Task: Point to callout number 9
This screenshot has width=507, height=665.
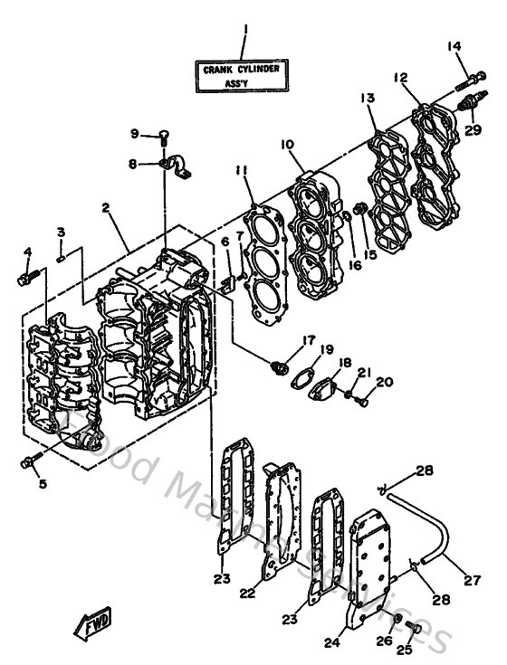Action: click(x=134, y=135)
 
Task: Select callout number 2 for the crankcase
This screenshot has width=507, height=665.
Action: click(x=107, y=207)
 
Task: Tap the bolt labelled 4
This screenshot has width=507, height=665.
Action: click(x=24, y=277)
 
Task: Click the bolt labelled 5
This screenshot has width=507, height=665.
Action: click(x=28, y=462)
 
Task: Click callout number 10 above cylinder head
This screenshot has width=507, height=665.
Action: click(x=286, y=145)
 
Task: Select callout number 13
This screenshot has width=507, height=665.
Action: click(x=367, y=97)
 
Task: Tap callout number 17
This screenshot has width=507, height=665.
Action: click(x=308, y=340)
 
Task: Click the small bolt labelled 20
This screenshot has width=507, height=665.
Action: click(x=359, y=394)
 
